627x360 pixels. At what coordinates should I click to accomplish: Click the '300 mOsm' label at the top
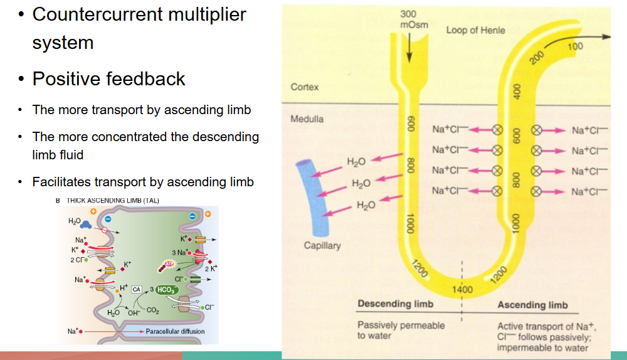(x=409, y=19)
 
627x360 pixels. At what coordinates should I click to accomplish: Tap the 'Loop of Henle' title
(x=475, y=29)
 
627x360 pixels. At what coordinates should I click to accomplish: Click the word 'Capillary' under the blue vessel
(x=322, y=245)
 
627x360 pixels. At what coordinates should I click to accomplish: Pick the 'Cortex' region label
(x=305, y=87)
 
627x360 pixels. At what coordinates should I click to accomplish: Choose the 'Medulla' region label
(x=307, y=119)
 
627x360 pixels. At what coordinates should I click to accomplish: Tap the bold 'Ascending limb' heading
(x=532, y=305)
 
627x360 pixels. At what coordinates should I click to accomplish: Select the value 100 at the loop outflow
(x=574, y=46)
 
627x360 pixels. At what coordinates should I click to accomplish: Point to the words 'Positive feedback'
(x=109, y=79)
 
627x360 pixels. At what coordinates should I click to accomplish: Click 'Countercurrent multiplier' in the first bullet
(x=139, y=14)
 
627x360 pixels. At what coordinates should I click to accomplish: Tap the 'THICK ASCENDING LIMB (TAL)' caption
(x=109, y=201)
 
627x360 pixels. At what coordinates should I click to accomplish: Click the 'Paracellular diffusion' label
(x=175, y=331)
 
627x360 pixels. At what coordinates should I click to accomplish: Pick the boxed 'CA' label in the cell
(x=135, y=289)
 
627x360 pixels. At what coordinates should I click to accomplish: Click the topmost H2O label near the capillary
(x=356, y=162)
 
